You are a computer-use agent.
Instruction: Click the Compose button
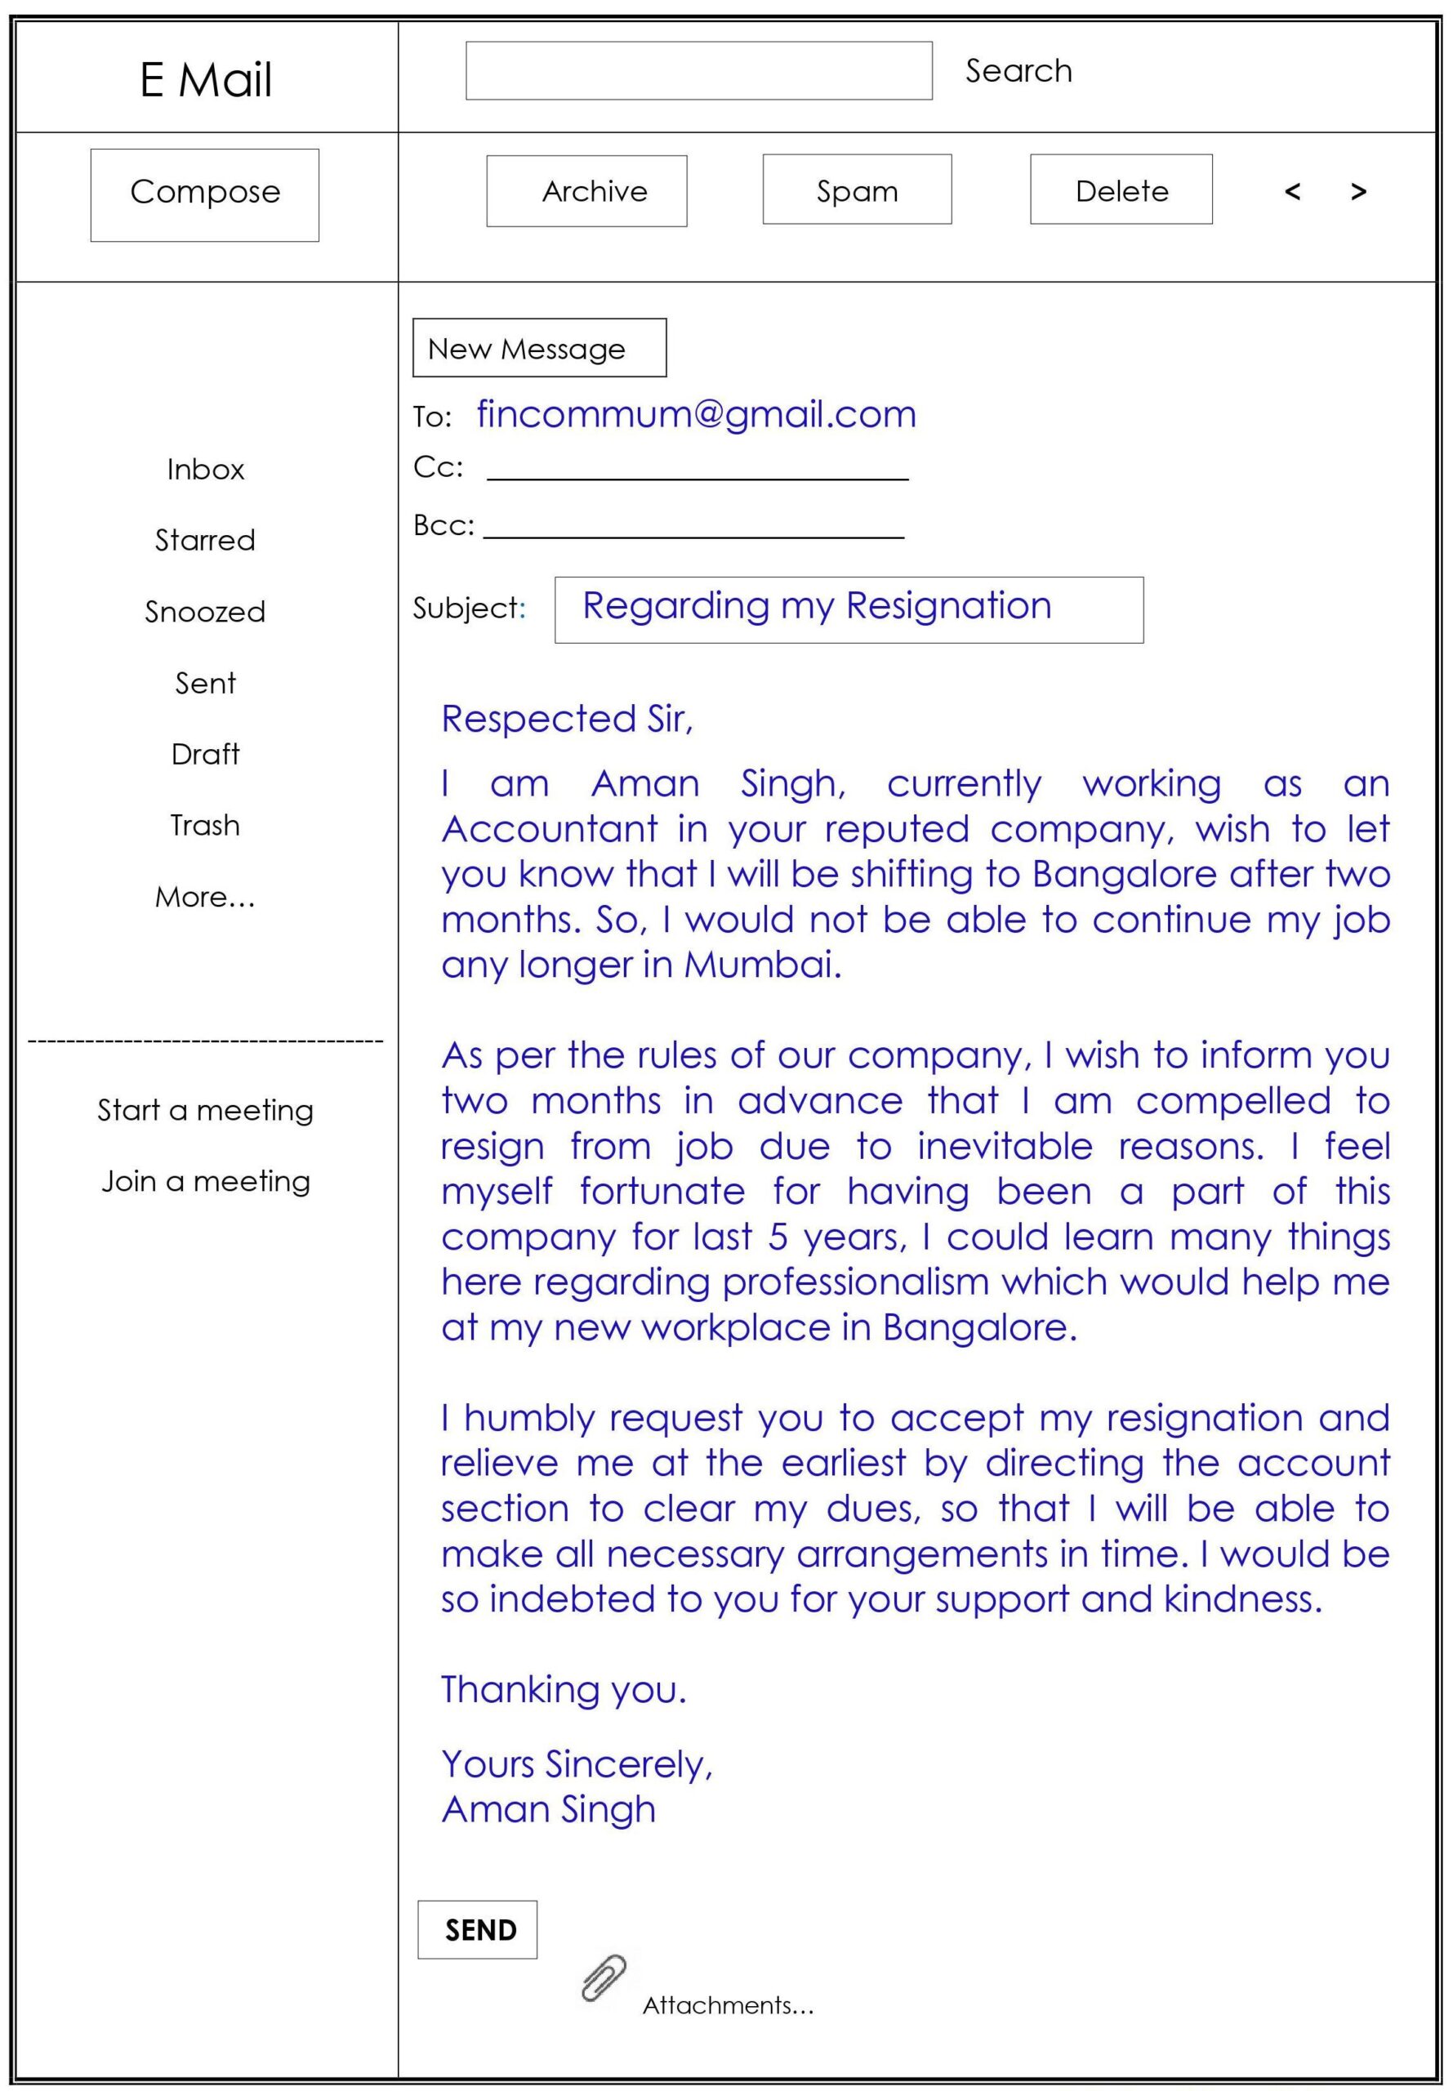click(205, 195)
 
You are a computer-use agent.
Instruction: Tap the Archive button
click(586, 191)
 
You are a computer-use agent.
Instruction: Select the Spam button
click(857, 189)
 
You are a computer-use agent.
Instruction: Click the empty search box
click(698, 71)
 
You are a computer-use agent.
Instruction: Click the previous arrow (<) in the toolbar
click(1292, 191)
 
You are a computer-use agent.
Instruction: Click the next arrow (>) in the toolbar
click(1358, 191)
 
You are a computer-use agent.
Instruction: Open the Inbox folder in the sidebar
click(206, 470)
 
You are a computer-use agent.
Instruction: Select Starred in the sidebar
click(205, 541)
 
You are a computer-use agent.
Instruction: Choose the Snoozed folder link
click(205, 612)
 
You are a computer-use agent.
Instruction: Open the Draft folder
click(205, 755)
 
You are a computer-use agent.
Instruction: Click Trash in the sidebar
click(205, 826)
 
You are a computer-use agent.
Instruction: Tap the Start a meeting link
click(205, 1111)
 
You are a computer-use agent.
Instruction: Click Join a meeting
click(205, 1182)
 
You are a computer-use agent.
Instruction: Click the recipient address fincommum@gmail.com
click(697, 415)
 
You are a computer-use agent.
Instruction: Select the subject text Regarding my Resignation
click(817, 606)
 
